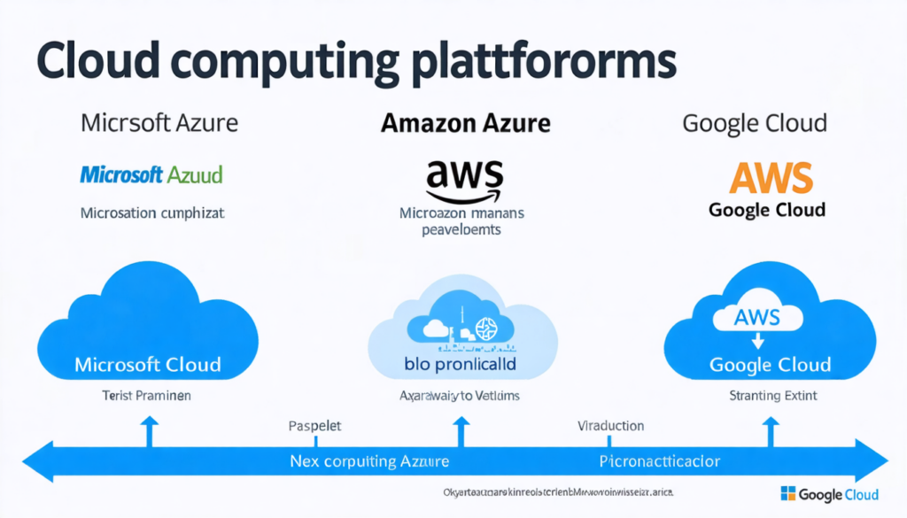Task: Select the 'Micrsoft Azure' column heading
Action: (159, 122)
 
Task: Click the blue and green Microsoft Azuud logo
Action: (151, 174)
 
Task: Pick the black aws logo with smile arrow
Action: (464, 180)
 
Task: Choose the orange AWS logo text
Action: (770, 178)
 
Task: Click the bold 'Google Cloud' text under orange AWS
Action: (767, 210)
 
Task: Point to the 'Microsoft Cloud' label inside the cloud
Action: (148, 364)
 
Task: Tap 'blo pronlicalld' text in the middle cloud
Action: (460, 364)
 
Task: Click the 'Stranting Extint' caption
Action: (773, 395)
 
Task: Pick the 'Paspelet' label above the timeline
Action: (315, 427)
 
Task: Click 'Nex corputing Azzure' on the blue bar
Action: (369, 462)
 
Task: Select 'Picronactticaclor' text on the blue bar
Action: (660, 462)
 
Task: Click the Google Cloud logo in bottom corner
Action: (829, 494)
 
